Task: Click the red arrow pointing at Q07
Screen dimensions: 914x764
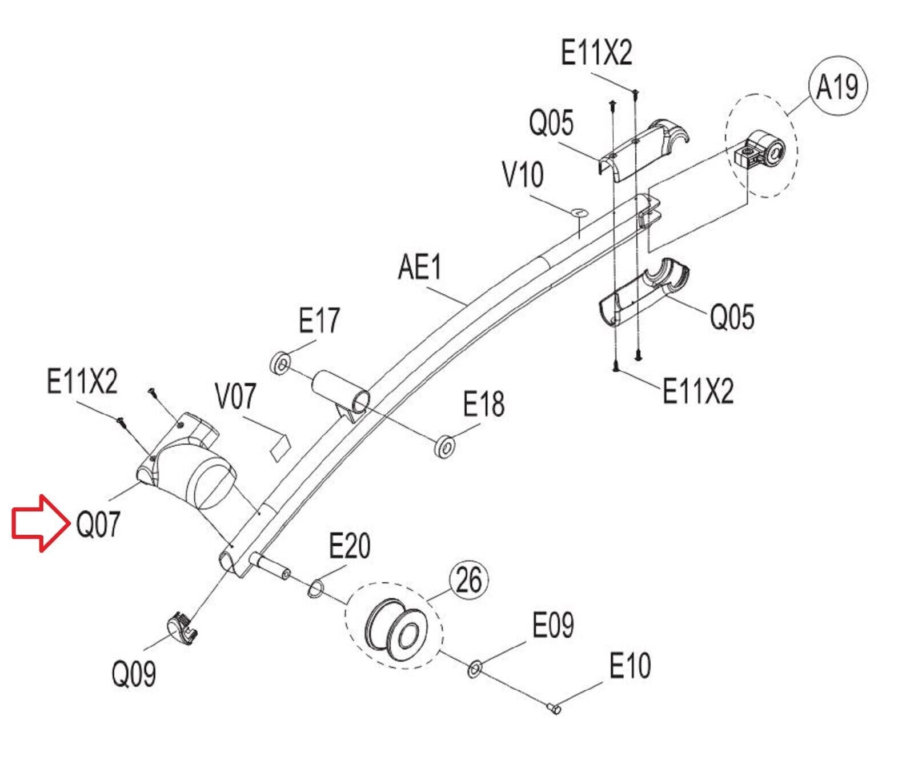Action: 38,523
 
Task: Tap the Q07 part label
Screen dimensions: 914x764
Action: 98,524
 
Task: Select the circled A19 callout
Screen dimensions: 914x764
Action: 838,87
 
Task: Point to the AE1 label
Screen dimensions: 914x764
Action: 420,267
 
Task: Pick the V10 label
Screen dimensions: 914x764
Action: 523,175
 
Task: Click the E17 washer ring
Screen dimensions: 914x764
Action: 279,363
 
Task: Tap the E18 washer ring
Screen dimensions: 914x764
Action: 445,447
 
